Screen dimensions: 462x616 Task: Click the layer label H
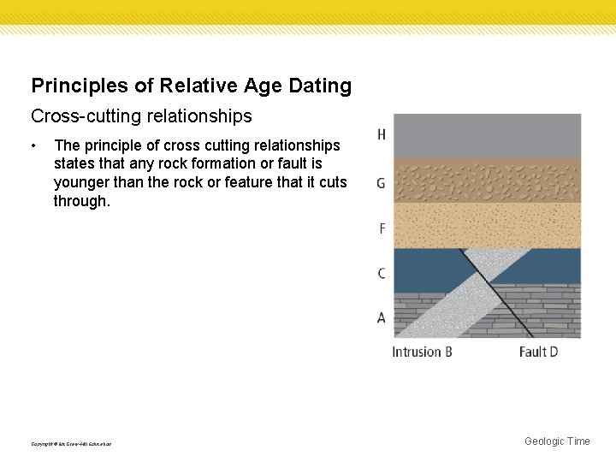click(x=381, y=134)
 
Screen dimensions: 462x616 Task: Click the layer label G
click(x=381, y=183)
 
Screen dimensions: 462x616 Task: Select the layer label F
click(x=382, y=229)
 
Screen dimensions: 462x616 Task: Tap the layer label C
click(x=381, y=274)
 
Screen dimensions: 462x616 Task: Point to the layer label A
click(x=381, y=318)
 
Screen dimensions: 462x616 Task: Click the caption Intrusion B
click(x=422, y=352)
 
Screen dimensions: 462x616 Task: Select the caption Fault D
click(x=538, y=352)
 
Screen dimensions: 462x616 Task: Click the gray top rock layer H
click(x=486, y=135)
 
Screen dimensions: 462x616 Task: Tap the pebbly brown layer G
click(x=486, y=181)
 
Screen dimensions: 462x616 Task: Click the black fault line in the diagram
click(x=496, y=291)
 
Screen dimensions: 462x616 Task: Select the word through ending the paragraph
click(x=80, y=200)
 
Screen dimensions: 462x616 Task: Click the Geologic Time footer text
click(x=557, y=441)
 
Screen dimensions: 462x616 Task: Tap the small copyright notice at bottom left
click(x=71, y=443)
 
